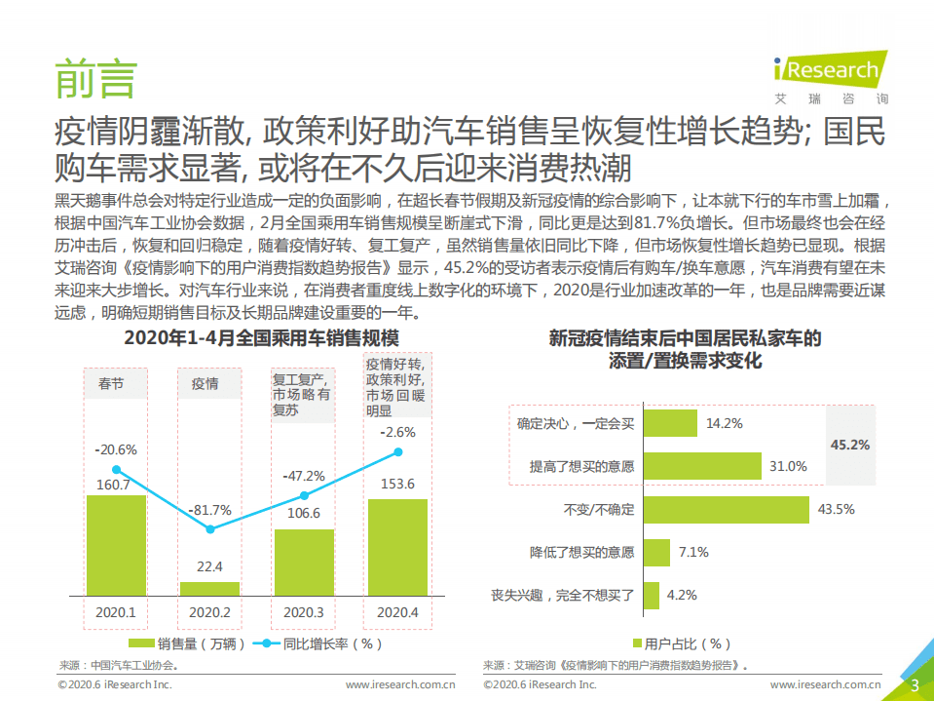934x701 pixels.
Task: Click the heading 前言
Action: [94, 78]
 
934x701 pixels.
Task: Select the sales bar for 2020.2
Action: [209, 589]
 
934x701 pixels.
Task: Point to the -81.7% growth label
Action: [209, 509]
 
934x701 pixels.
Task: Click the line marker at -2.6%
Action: [397, 452]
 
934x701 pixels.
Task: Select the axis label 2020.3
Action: [303, 613]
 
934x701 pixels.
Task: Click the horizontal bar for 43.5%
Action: [727, 509]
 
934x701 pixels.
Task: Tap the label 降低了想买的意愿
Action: [581, 553]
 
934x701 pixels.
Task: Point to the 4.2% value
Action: [682, 595]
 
